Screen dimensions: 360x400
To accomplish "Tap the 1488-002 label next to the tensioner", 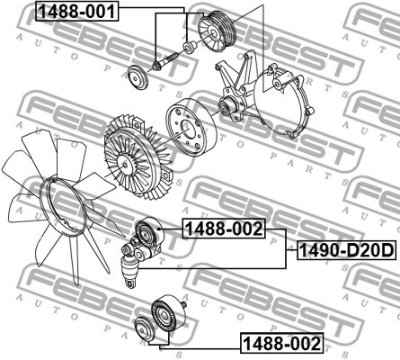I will (224, 229).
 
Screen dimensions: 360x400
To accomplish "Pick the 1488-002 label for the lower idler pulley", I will (278, 343).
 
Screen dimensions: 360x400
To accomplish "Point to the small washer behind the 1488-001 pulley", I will (188, 46).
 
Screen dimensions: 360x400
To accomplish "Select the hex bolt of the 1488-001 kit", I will (160, 64).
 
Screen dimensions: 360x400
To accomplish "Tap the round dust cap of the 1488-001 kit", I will (138, 79).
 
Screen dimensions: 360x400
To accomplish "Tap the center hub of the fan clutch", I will (121, 162).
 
